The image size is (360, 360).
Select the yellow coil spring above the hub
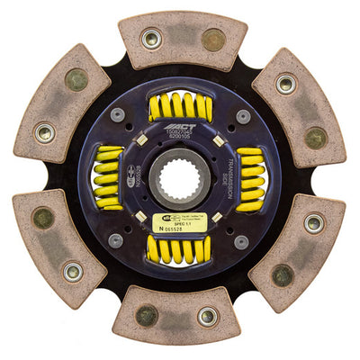tap(180, 107)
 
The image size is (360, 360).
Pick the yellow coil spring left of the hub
tap(109, 178)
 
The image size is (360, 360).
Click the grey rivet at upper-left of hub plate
tap(117, 115)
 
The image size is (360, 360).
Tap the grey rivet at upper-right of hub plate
tap(242, 116)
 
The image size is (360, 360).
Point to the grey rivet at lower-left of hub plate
tap(116, 240)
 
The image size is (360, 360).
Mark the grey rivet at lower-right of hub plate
tap(241, 241)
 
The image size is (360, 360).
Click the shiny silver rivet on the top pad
tap(151, 39)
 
